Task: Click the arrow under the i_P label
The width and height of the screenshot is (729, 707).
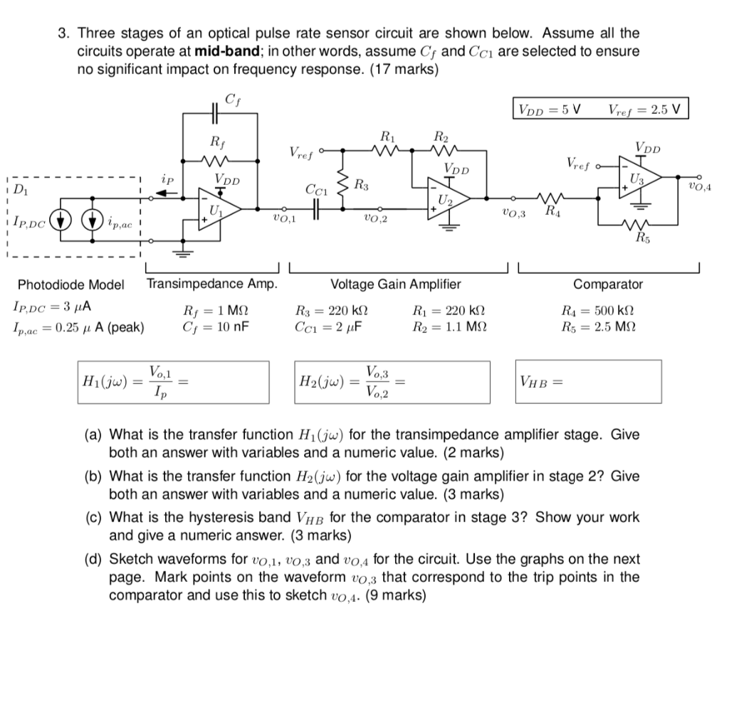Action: (x=165, y=192)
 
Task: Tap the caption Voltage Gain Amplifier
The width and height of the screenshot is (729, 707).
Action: (x=396, y=285)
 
